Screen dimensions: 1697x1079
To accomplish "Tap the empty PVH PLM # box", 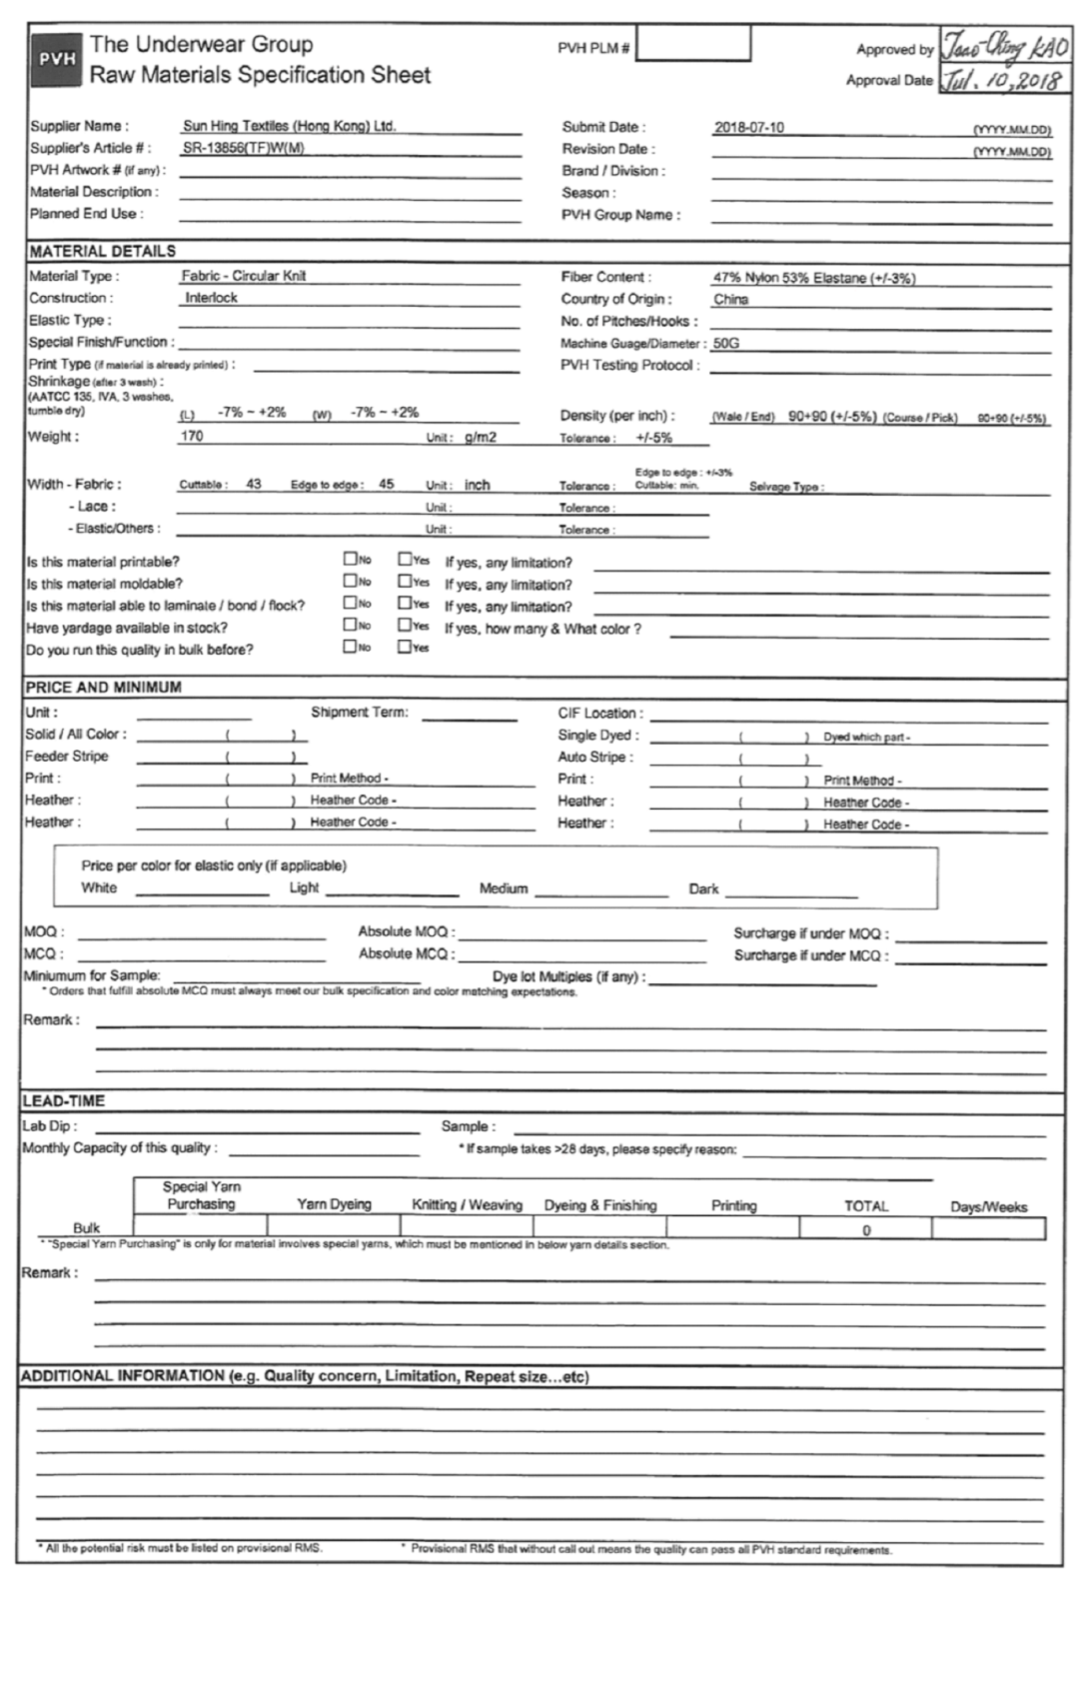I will (x=693, y=45).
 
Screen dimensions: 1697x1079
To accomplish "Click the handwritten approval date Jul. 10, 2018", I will (x=1001, y=80).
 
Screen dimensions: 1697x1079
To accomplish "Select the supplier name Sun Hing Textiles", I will (x=289, y=127).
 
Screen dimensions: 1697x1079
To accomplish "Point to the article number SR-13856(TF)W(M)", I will (x=243, y=149).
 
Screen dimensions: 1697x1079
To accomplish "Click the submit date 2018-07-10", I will (x=748, y=128).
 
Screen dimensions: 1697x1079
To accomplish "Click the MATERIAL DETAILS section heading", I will (x=102, y=251).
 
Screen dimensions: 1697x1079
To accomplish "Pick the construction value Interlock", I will (x=211, y=298).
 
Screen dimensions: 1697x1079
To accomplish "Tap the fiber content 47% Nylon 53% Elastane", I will (x=813, y=278).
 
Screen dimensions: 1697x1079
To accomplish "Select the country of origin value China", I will (x=730, y=300).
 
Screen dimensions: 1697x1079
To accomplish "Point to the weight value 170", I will (x=191, y=437).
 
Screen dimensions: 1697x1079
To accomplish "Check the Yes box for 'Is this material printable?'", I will (x=405, y=560).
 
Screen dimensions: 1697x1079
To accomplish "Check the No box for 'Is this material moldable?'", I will (x=350, y=582).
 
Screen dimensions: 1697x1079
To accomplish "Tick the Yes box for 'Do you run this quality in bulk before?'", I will (x=405, y=647).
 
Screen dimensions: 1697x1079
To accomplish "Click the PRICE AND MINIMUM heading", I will (x=103, y=688).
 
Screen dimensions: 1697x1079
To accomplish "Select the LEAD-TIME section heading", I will (x=63, y=1100).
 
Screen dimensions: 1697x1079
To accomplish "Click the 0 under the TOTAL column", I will (x=866, y=1230).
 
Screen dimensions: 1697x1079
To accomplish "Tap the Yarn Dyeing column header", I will (x=334, y=1204).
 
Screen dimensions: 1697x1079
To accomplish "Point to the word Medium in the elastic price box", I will (x=503, y=888).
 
